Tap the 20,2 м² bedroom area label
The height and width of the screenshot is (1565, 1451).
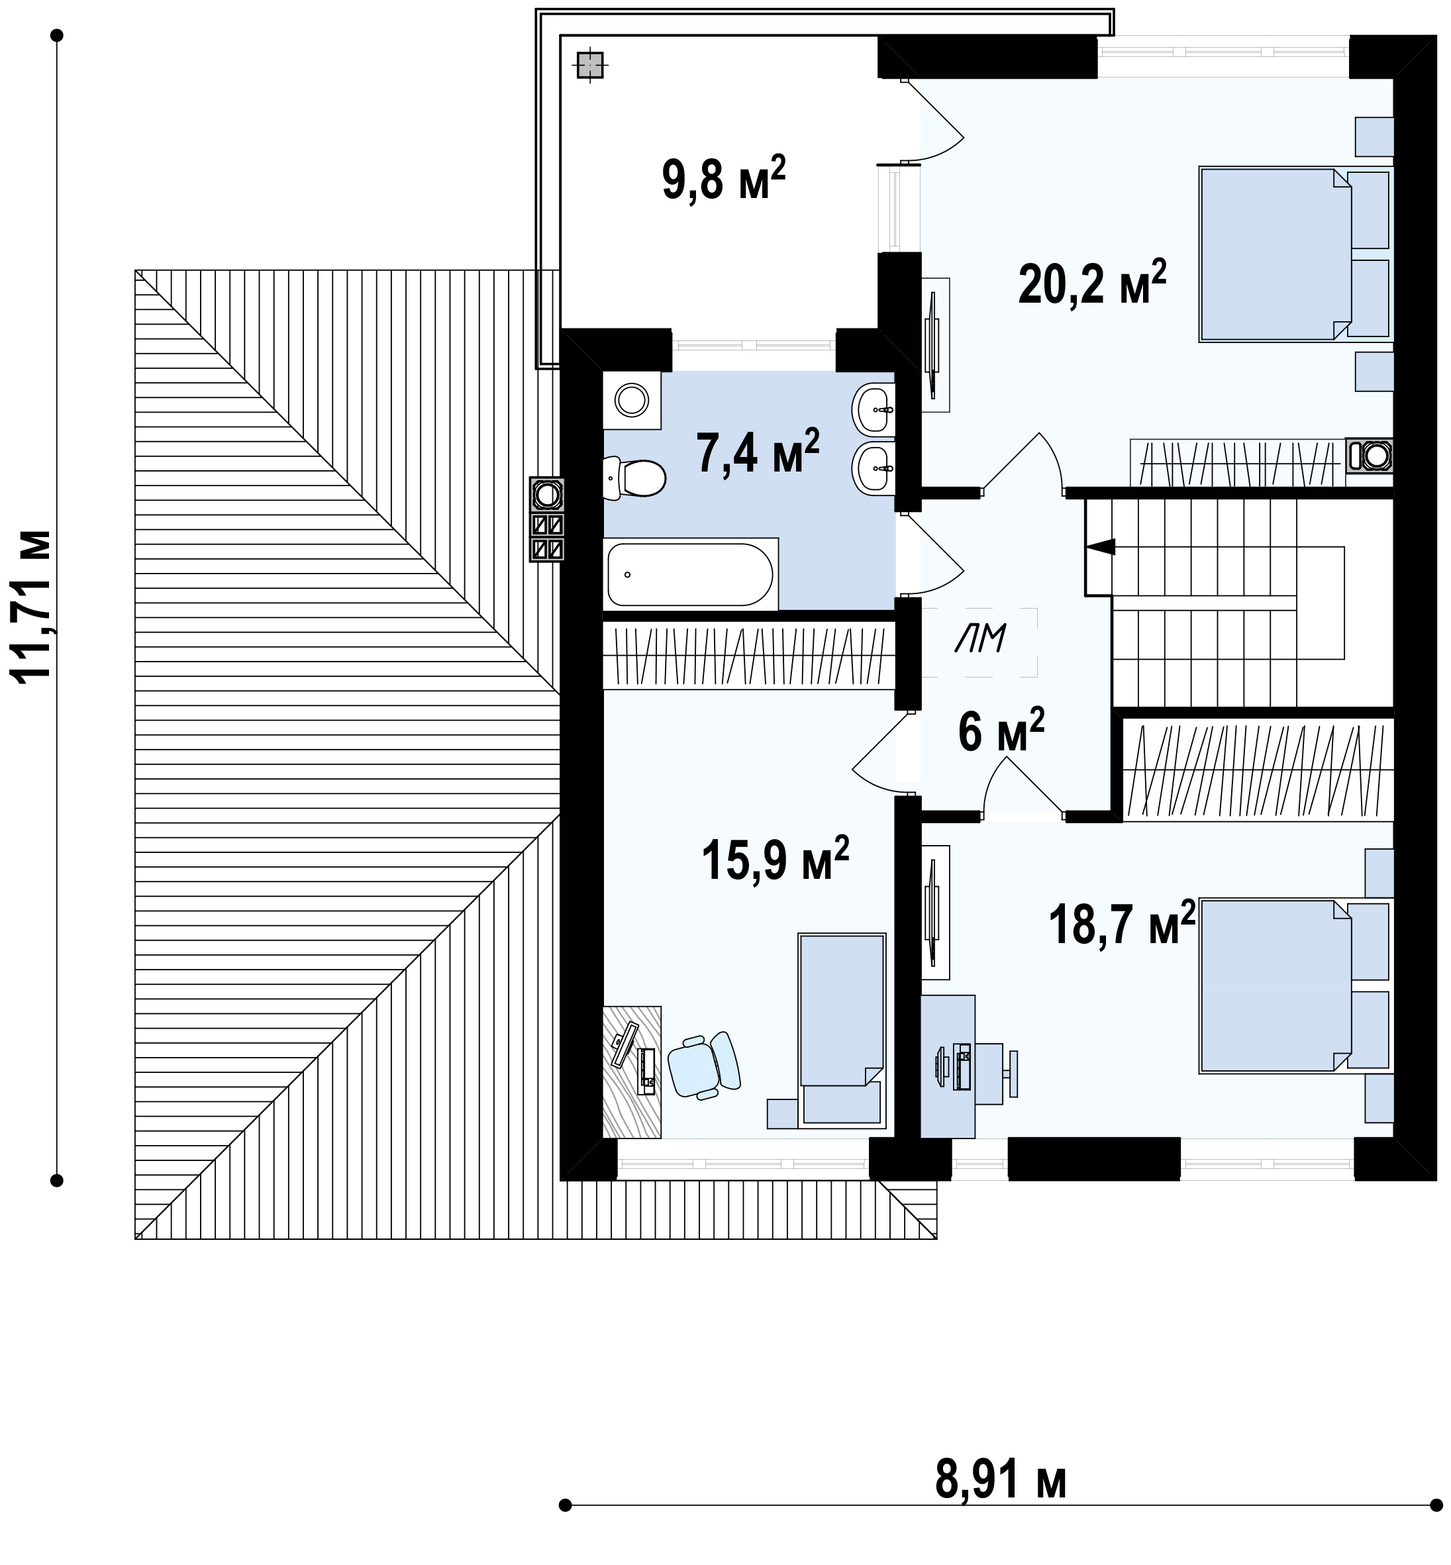(x=1092, y=283)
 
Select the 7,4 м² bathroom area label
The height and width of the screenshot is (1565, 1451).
(x=758, y=452)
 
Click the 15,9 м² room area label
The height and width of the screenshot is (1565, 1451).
(x=775, y=859)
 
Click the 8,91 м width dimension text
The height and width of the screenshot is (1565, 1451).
(x=1000, y=1480)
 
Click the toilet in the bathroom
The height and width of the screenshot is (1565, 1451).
(x=634, y=478)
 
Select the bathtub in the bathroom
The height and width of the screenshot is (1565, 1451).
(x=690, y=574)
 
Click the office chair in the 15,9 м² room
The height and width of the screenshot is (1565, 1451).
(x=704, y=1066)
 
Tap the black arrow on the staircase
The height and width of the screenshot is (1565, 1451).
(x=1100, y=546)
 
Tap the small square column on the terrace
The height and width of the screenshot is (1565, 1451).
(x=589, y=65)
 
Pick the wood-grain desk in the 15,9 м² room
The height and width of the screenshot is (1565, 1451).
(x=632, y=1071)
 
